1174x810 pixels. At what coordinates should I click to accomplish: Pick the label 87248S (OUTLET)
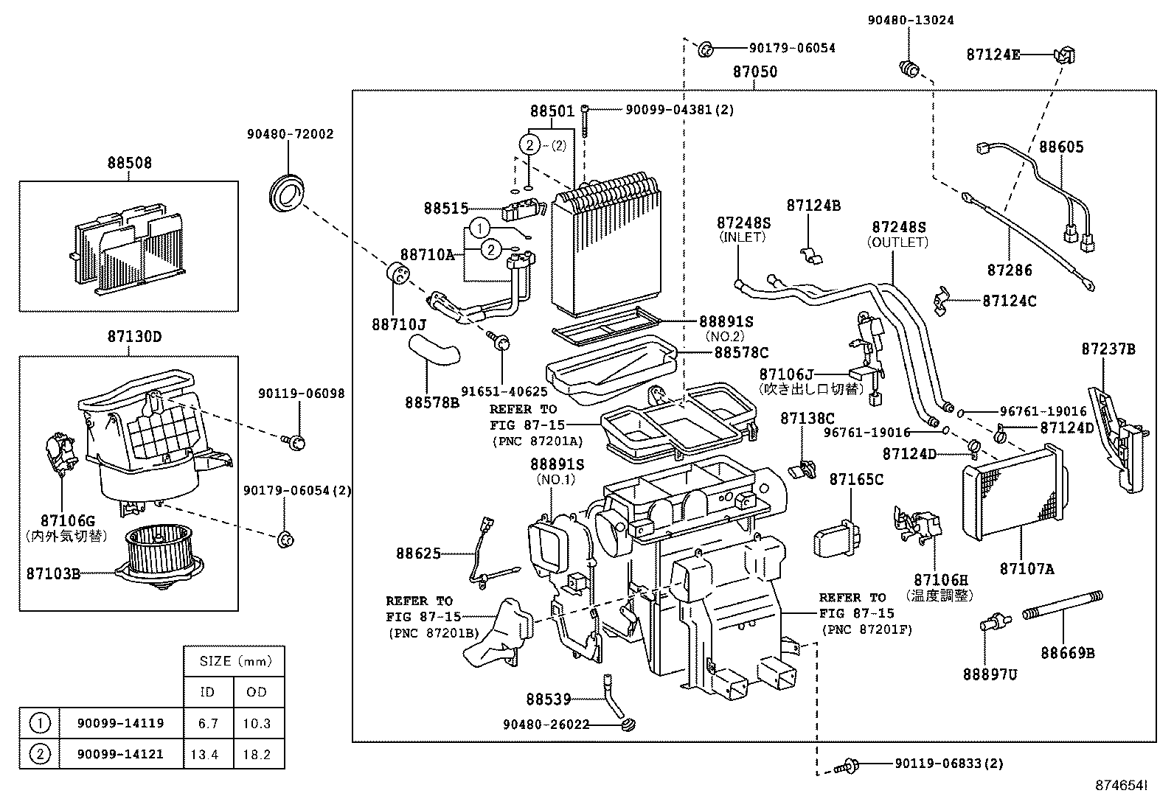[x=898, y=234]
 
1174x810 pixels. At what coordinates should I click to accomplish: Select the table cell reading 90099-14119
[x=120, y=723]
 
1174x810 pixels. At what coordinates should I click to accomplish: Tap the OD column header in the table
[x=257, y=692]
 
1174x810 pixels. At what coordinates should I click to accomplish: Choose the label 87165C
[x=855, y=480]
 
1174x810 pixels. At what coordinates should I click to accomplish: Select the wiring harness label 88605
[x=1061, y=147]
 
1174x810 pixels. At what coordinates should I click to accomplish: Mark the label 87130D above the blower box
[x=134, y=337]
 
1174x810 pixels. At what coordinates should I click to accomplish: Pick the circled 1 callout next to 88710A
[x=480, y=227]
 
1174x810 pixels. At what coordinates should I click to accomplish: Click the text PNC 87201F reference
[x=866, y=630]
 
